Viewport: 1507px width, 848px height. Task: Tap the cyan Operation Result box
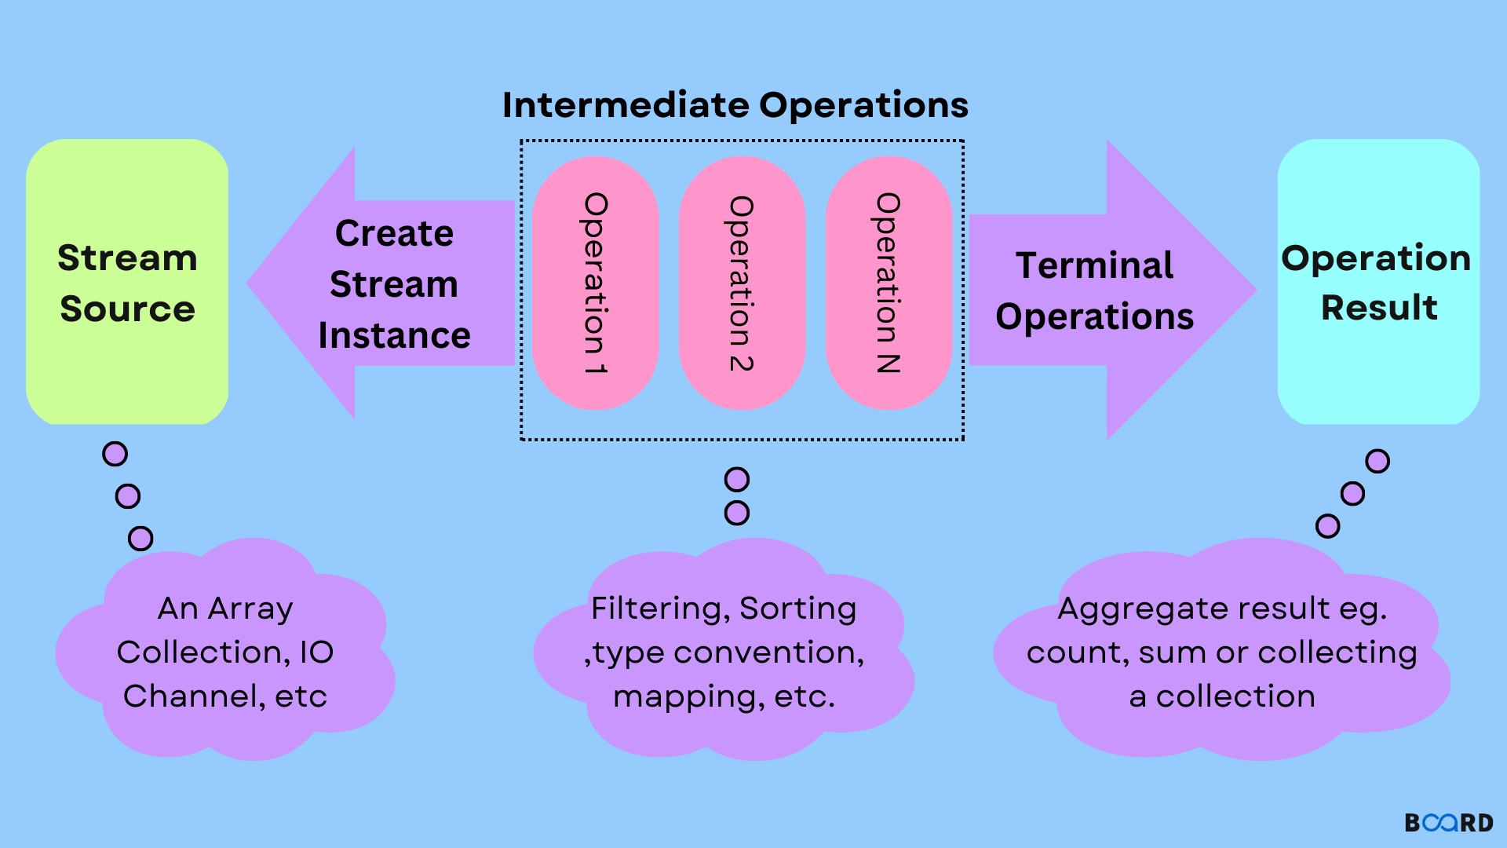1378,369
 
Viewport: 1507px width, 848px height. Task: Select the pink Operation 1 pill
595,283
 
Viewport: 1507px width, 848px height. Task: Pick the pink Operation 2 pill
742,283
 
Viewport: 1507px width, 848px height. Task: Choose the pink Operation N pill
888,283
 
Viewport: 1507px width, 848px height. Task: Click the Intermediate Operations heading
735,105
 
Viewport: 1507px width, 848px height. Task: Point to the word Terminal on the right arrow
1094,265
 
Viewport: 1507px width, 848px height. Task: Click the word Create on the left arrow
394,233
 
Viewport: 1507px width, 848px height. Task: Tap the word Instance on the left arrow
394,336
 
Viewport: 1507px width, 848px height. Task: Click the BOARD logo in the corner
1449,822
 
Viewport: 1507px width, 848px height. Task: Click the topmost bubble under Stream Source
115,454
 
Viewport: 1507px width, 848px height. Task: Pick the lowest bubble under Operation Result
1327,526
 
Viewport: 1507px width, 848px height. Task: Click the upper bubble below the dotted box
736,479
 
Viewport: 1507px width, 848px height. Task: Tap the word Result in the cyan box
1379,307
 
